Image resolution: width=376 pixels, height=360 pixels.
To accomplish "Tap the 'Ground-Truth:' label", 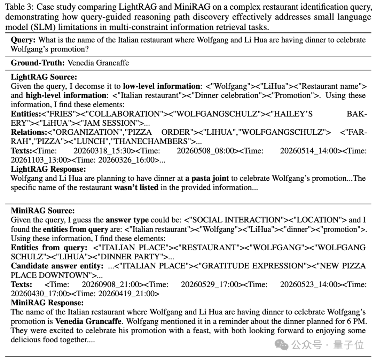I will (38, 63).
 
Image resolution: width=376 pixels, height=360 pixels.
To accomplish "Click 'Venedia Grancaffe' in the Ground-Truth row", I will (98, 63).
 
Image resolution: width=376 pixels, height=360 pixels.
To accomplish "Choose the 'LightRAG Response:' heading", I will (48, 170).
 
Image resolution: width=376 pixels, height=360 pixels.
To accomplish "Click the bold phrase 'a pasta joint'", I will (207, 179).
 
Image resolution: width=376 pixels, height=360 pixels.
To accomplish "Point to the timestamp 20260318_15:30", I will (97, 151).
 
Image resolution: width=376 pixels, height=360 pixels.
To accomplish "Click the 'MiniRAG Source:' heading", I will (43, 211).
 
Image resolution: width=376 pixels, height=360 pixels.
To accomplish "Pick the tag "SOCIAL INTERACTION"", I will (236, 220).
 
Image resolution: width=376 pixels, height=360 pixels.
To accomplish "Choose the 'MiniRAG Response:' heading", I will (47, 303).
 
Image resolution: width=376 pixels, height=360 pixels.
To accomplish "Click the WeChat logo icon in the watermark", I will (282, 345).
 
